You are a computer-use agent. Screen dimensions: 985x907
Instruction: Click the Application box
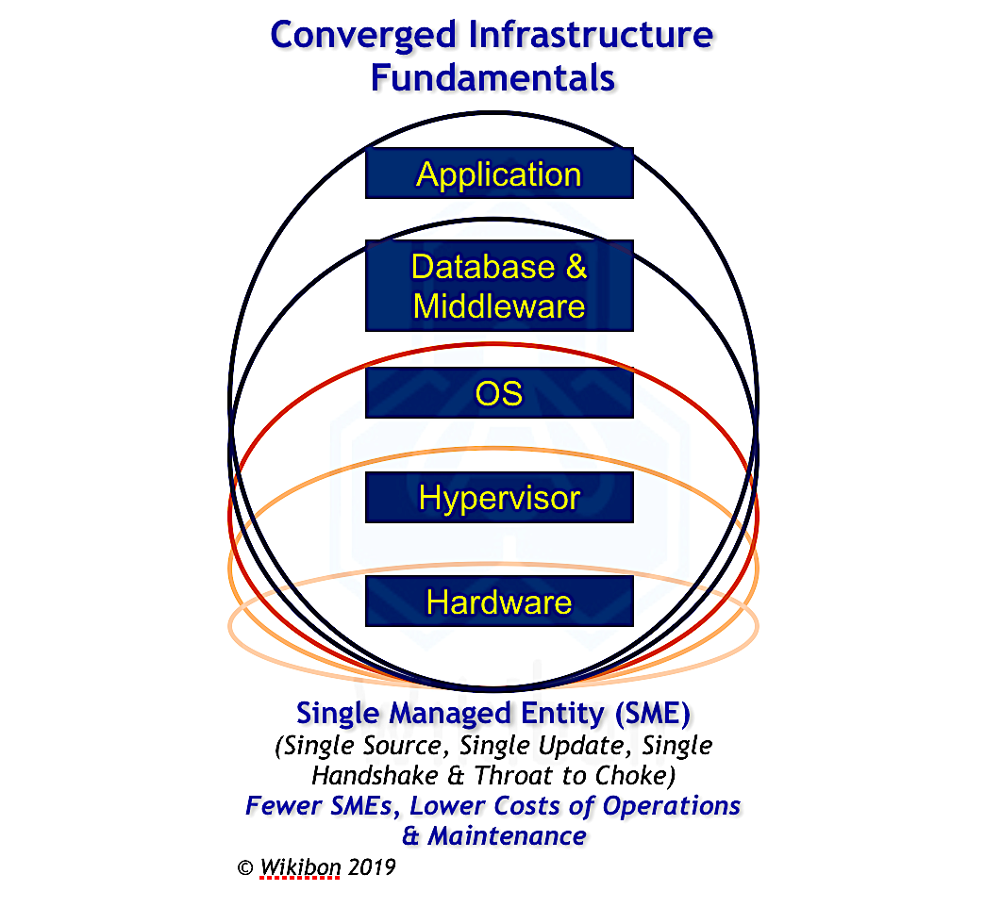499,173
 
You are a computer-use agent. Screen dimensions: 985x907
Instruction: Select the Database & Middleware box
499,286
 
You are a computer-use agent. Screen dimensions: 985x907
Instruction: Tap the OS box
499,393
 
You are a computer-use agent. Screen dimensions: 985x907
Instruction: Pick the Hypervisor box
499,497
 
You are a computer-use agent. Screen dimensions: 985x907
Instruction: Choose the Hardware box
499,602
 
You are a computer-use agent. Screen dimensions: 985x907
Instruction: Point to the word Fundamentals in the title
493,78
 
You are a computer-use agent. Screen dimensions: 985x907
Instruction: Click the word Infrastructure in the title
592,35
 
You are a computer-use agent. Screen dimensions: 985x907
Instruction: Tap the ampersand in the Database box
576,267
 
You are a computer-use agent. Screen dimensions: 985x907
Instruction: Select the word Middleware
499,306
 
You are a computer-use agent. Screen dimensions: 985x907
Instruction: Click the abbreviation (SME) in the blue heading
653,714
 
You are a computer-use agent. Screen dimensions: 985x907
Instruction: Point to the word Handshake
375,776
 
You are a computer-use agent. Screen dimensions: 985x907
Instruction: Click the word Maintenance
508,836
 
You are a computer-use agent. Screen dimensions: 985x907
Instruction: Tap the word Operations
672,806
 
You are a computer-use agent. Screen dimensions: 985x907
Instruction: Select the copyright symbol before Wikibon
245,868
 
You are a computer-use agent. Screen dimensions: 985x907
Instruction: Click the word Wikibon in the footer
300,867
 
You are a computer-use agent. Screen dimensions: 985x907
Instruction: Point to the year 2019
371,867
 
